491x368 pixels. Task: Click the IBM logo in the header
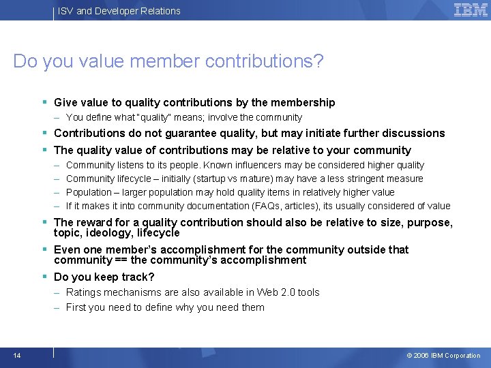click(x=471, y=10)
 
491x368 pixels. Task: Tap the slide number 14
click(x=16, y=355)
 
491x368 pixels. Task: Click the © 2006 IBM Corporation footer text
click(x=443, y=356)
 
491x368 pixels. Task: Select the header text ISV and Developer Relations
click(x=119, y=11)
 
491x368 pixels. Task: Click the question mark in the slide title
click(x=318, y=61)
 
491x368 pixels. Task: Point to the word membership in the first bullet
click(x=303, y=103)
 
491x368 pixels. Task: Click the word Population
click(x=89, y=192)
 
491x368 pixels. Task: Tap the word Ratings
click(x=83, y=292)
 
